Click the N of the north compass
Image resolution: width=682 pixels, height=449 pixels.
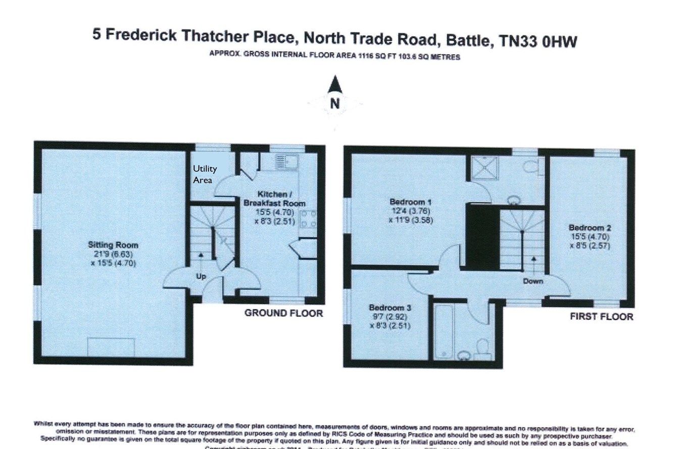334,103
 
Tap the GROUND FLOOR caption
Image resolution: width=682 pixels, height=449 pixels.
283,313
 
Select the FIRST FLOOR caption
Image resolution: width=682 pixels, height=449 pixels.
601,317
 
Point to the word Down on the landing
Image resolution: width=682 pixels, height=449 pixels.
533,281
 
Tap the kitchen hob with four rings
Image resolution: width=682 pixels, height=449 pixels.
309,218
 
